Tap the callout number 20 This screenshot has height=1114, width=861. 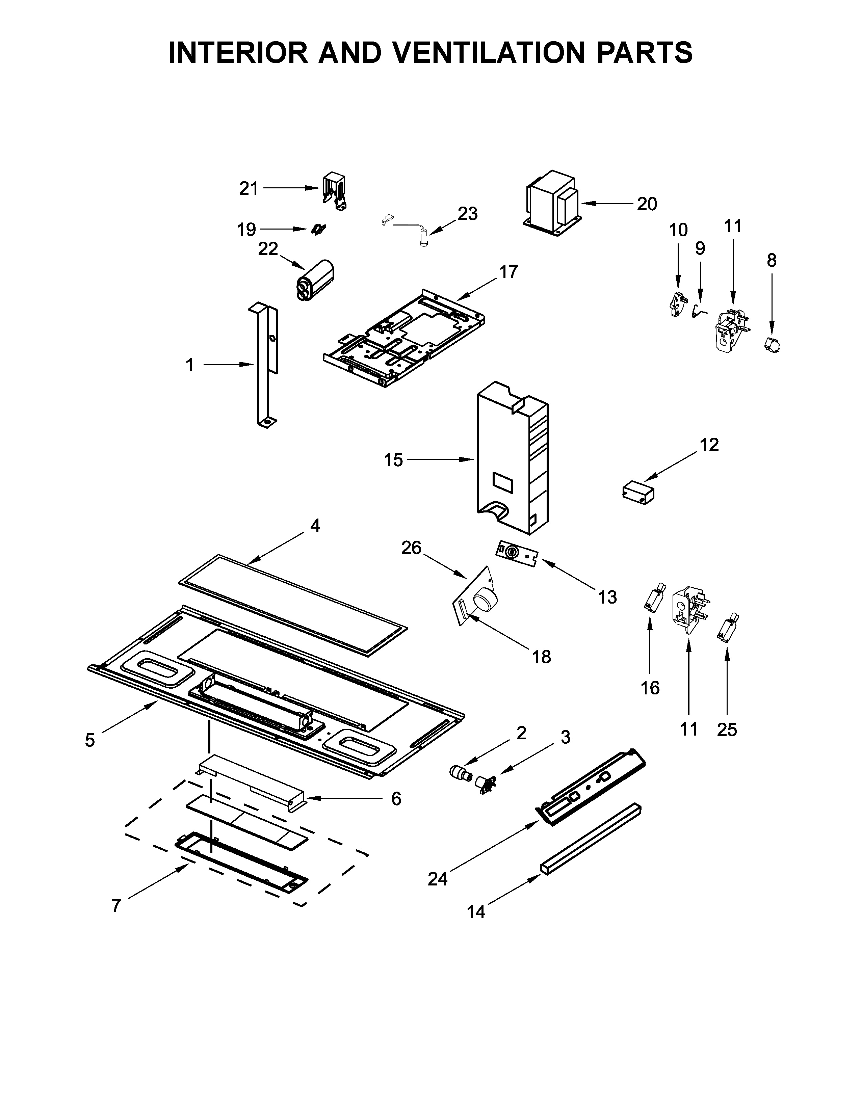[x=647, y=204]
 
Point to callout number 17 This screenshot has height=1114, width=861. [x=508, y=272]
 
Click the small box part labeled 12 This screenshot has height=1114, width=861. [x=638, y=494]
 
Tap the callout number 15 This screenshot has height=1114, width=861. [x=393, y=460]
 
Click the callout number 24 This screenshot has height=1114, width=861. [x=438, y=878]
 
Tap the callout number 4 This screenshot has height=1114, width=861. [x=315, y=525]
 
